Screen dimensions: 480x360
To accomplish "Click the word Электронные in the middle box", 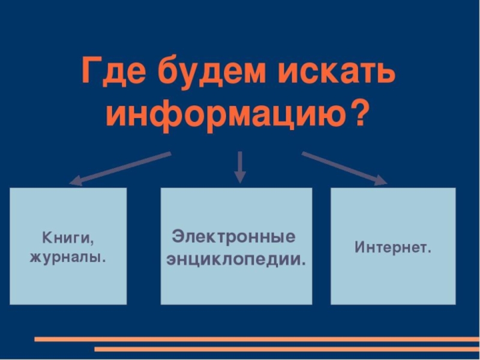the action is (234, 236).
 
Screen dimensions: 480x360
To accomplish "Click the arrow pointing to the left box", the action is (120, 167).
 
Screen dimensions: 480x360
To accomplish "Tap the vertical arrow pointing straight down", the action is (240, 166).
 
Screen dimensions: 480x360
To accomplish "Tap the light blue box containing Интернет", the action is (393, 276).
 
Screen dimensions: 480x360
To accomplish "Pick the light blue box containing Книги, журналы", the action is (68, 282).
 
